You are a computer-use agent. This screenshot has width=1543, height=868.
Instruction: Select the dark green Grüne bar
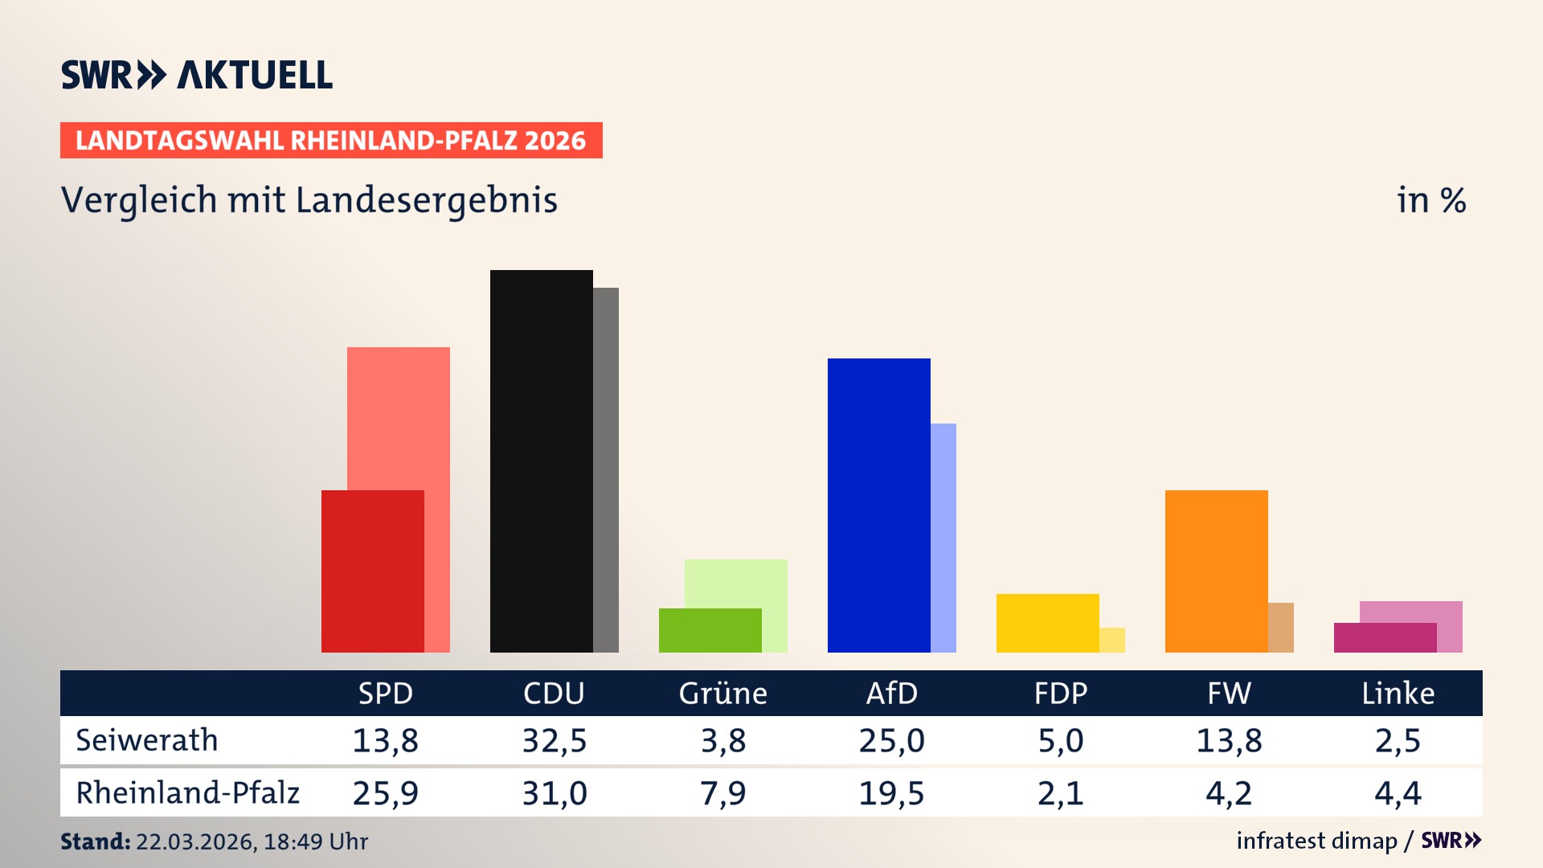click(x=710, y=630)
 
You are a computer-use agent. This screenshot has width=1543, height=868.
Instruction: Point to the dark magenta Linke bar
click(x=1385, y=637)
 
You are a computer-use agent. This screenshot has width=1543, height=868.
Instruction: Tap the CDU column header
click(x=554, y=693)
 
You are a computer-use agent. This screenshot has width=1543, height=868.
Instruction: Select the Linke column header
click(x=1398, y=693)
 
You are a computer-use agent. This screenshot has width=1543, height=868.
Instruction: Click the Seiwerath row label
click(x=147, y=740)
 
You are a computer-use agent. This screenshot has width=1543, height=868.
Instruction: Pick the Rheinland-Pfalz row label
click(x=187, y=792)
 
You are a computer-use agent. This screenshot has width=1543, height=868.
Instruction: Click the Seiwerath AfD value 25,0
click(x=891, y=740)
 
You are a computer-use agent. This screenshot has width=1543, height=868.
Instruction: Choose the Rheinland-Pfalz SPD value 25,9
click(x=385, y=793)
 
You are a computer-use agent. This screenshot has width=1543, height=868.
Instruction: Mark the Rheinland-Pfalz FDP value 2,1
click(x=1060, y=793)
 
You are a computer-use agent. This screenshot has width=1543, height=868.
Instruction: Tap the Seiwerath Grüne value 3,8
click(x=723, y=740)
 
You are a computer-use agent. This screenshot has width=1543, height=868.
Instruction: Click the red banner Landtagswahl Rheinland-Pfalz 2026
click(x=331, y=141)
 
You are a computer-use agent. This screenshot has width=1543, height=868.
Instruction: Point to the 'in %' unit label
click(x=1430, y=200)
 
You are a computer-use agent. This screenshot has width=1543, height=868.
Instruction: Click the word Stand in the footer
click(x=95, y=841)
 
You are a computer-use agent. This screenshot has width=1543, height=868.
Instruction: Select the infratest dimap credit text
click(x=1316, y=841)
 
